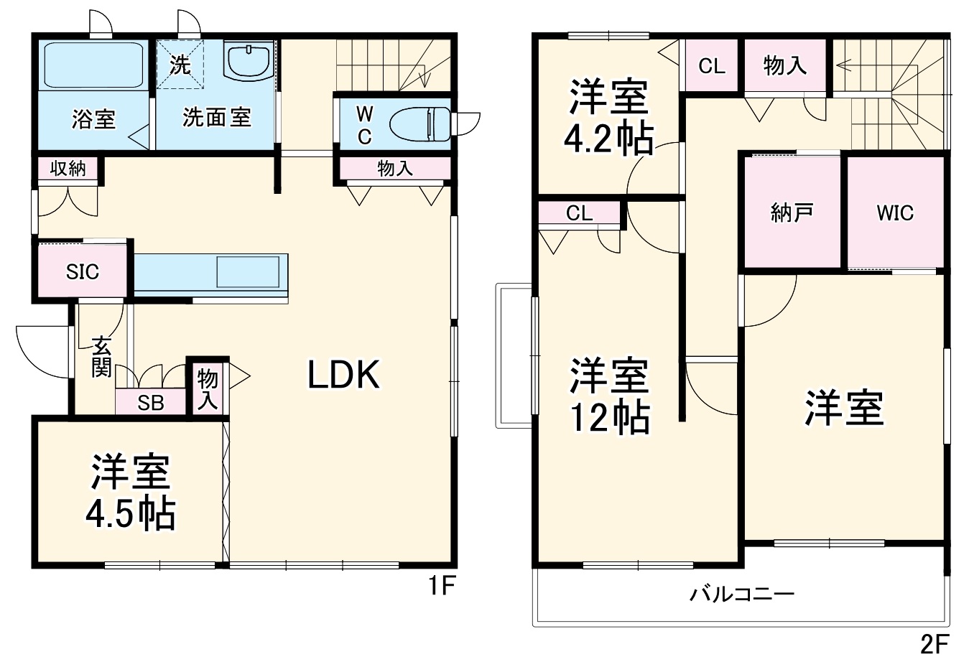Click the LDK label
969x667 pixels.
343,375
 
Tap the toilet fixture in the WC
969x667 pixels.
420,124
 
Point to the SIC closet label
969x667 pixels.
83,272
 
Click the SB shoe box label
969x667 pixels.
151,403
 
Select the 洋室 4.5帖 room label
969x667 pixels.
130,492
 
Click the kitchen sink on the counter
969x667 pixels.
249,272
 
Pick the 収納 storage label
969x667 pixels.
68,169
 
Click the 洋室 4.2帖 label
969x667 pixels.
608,118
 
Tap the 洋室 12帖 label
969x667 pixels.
609,396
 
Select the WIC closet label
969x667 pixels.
894,213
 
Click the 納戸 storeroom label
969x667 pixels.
792,213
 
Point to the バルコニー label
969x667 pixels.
742,594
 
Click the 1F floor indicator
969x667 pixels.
440,587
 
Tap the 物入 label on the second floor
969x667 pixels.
784,66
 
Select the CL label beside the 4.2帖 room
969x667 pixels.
712,66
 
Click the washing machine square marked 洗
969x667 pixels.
180,65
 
